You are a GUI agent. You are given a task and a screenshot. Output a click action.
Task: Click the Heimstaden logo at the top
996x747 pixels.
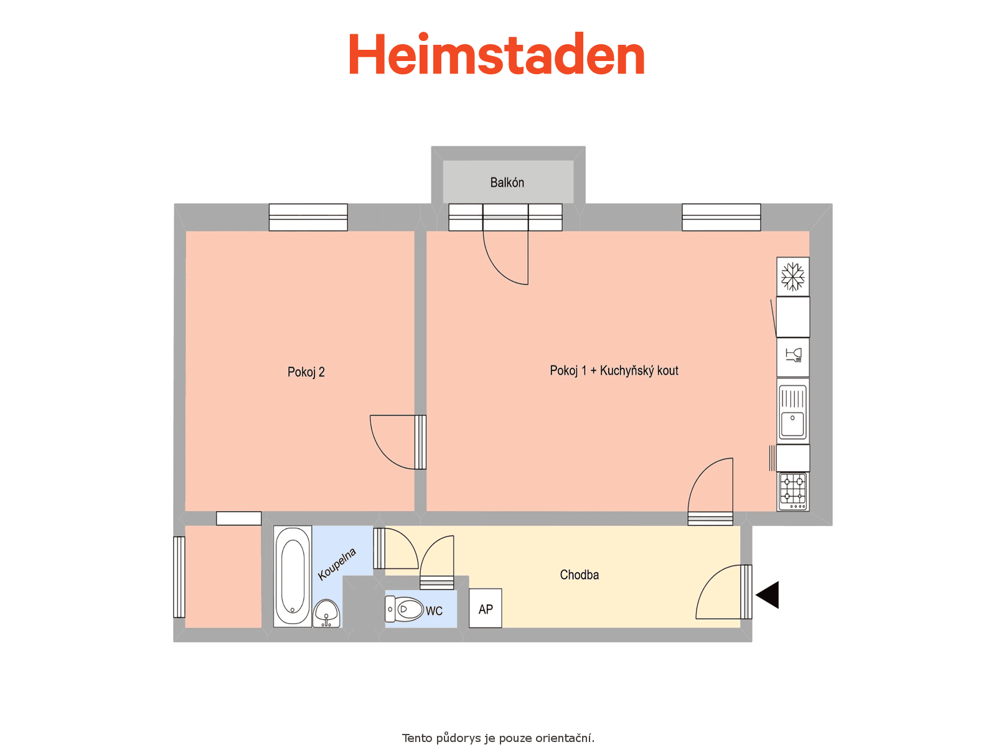tap(496, 54)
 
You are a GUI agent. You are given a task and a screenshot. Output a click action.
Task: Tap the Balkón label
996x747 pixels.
tap(507, 182)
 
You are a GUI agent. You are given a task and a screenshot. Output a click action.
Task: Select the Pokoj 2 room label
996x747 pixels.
tap(306, 372)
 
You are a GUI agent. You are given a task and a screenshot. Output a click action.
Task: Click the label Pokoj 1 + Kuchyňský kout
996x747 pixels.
tap(614, 371)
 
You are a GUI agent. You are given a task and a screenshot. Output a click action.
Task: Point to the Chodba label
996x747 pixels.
tap(579, 575)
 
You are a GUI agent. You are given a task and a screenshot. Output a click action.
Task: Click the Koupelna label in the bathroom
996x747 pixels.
tap(337, 564)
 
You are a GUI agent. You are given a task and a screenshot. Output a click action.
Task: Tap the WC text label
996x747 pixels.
tap(434, 611)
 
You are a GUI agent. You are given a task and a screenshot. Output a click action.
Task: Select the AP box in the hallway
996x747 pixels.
tap(485, 609)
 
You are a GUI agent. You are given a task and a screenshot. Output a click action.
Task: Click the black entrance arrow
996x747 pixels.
tap(767, 594)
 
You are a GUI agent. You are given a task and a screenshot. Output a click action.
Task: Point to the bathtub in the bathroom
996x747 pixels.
tap(292, 576)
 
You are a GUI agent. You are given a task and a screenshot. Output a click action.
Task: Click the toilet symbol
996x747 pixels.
tap(403, 609)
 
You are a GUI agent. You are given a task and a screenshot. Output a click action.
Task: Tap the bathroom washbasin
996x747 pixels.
tap(326, 614)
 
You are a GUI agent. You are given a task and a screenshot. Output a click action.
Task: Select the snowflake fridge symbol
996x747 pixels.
tap(792, 276)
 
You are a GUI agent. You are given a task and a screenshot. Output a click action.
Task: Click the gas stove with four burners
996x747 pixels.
tap(792, 492)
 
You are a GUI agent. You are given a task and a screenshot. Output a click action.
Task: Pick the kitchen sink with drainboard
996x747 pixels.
tap(792, 412)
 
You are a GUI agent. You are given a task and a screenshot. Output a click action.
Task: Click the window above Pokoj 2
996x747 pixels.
tap(308, 217)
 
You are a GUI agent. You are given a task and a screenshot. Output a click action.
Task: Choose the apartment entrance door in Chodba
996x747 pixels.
tap(723, 593)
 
